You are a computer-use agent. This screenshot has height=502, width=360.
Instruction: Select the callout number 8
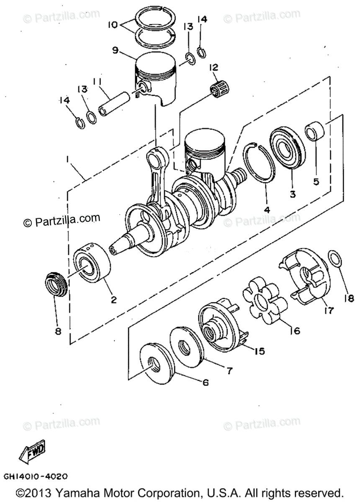pyautogui.click(x=58, y=331)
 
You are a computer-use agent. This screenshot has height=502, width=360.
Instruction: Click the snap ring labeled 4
pyautogui.click(x=260, y=163)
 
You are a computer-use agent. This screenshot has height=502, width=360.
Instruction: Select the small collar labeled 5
pyautogui.click(x=315, y=131)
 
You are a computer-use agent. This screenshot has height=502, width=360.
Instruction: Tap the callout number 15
pyautogui.click(x=260, y=351)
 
